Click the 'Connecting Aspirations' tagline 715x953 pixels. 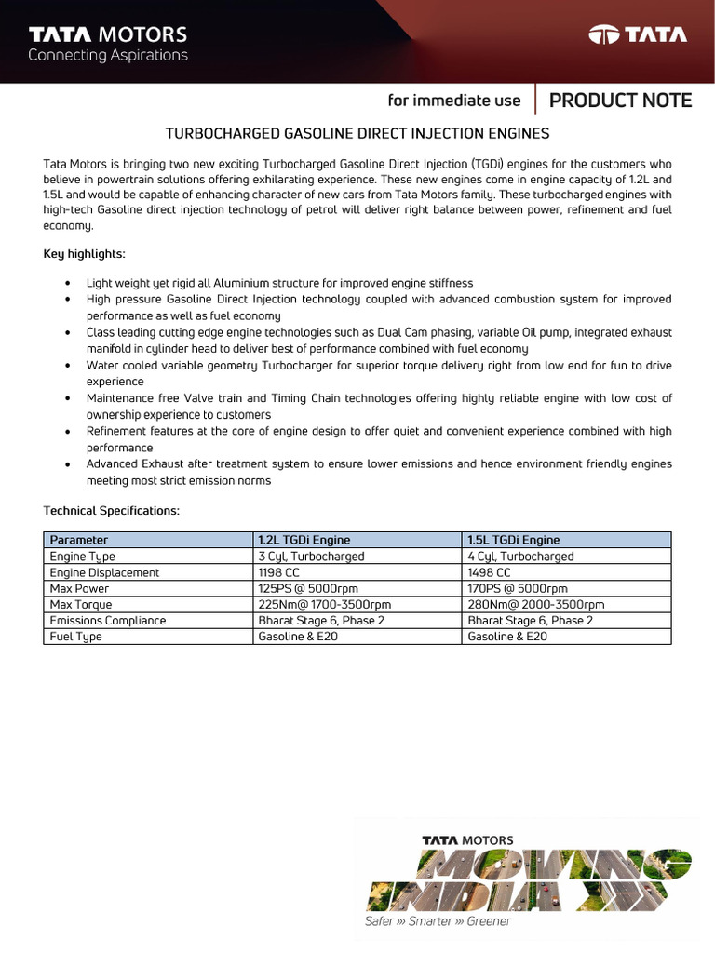(107, 55)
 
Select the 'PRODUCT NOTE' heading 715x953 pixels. (620, 101)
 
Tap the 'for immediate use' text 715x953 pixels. (454, 101)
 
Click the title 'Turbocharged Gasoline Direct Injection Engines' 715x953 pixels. (357, 133)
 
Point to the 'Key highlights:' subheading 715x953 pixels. (84, 254)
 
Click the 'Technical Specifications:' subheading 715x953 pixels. (111, 511)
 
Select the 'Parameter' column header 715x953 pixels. (79, 540)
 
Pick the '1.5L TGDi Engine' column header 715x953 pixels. (514, 540)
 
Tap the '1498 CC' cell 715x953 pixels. (490, 572)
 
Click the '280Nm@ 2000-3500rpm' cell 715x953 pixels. (536, 605)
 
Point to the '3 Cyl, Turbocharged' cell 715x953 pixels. (311, 557)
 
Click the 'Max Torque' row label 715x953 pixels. (81, 605)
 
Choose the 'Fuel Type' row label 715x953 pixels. (76, 637)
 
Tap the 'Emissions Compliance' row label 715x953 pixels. (108, 621)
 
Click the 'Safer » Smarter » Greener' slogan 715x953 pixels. (438, 921)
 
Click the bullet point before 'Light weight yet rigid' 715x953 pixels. (68, 283)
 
